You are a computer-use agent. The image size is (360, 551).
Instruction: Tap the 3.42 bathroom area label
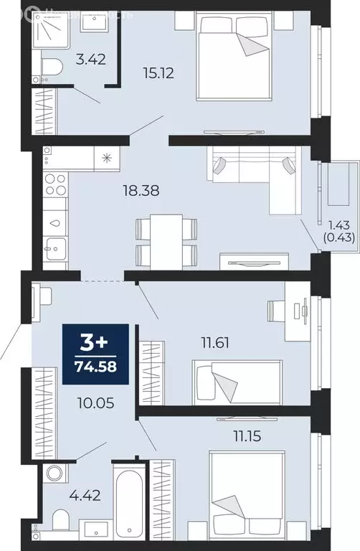pos(92,60)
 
